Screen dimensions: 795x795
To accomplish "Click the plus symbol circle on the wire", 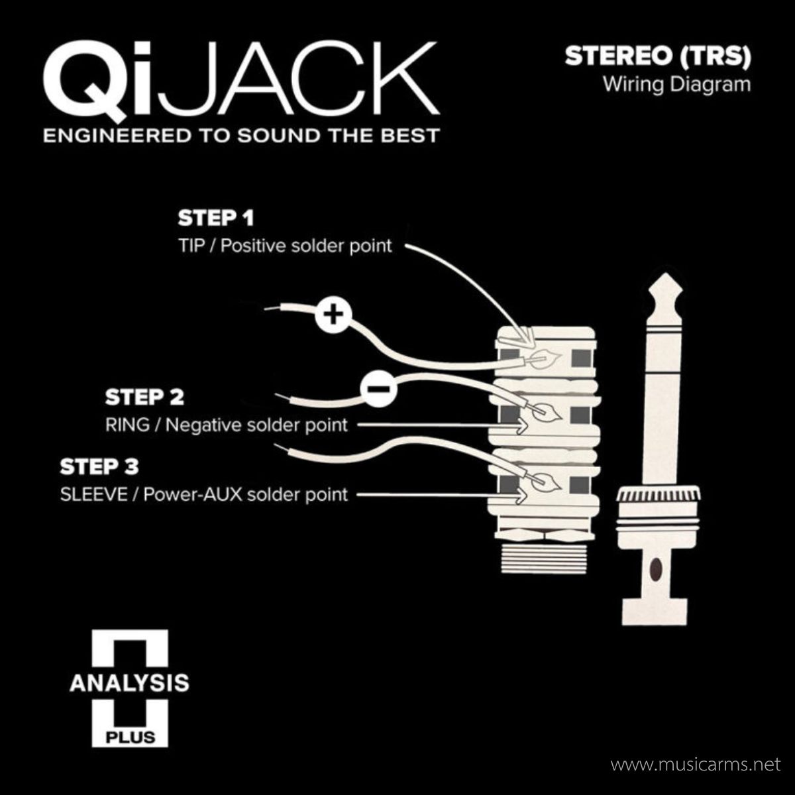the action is (x=333, y=315).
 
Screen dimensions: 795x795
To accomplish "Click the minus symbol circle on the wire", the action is (x=378, y=389).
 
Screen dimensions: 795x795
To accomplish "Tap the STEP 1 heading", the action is (x=216, y=218).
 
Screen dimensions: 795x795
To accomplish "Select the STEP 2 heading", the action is (x=144, y=397).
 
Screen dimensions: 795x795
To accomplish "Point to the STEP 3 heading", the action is (x=99, y=466).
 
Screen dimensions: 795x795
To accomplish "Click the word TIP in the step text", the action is (x=192, y=246).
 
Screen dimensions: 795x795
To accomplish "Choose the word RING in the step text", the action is (x=127, y=425).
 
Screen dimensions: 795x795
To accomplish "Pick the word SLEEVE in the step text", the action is (x=94, y=494).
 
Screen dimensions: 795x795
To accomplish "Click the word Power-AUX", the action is (x=193, y=494).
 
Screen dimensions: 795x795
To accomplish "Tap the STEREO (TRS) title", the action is (x=658, y=56).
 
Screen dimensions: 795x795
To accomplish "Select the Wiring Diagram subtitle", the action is (x=676, y=85).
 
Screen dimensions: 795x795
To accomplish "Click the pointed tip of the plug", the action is (x=665, y=274).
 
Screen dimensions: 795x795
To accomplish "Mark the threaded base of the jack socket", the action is (x=545, y=558).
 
